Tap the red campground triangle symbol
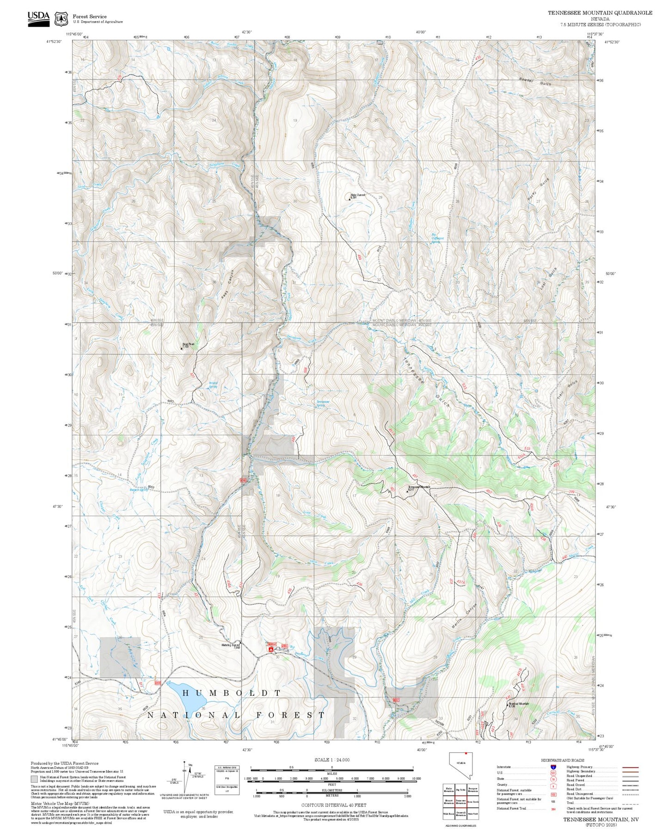[x=270, y=650]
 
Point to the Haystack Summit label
[x=358, y=195]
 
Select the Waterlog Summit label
[x=231, y=645]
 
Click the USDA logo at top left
[x=38, y=19]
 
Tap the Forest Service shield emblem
[x=61, y=19]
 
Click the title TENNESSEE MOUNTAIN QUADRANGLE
[x=600, y=13]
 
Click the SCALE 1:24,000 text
[x=331, y=760]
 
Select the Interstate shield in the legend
[x=553, y=767]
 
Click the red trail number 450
[x=489, y=491]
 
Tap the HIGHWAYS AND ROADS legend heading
[x=563, y=760]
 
